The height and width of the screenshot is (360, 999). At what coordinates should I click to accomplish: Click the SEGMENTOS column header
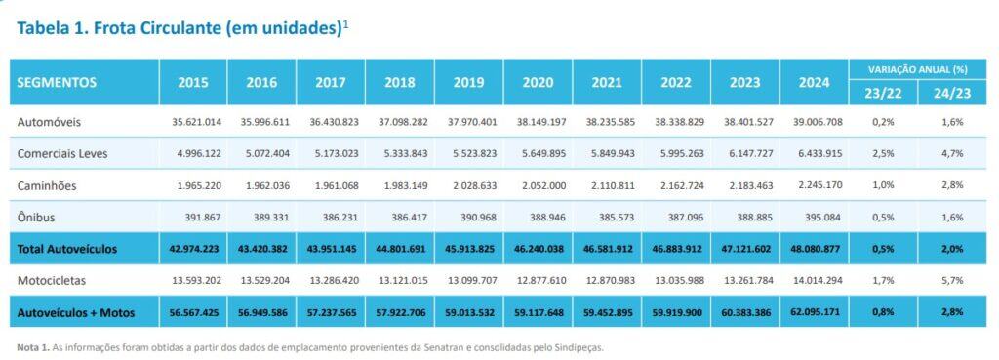(x=58, y=83)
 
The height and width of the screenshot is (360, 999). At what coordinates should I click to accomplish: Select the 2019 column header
(x=469, y=83)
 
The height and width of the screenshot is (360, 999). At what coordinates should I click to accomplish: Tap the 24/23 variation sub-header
(x=951, y=93)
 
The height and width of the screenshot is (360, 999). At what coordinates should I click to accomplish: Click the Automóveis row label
(x=49, y=122)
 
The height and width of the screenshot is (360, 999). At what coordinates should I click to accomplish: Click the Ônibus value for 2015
(x=193, y=217)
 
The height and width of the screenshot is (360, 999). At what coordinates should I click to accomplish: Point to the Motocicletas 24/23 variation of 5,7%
(x=951, y=280)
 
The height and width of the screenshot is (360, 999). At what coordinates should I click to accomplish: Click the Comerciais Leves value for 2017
(x=331, y=153)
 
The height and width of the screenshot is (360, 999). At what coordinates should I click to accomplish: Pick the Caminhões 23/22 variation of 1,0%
(x=882, y=185)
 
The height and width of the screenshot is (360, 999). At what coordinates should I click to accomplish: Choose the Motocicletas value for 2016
(x=261, y=280)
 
